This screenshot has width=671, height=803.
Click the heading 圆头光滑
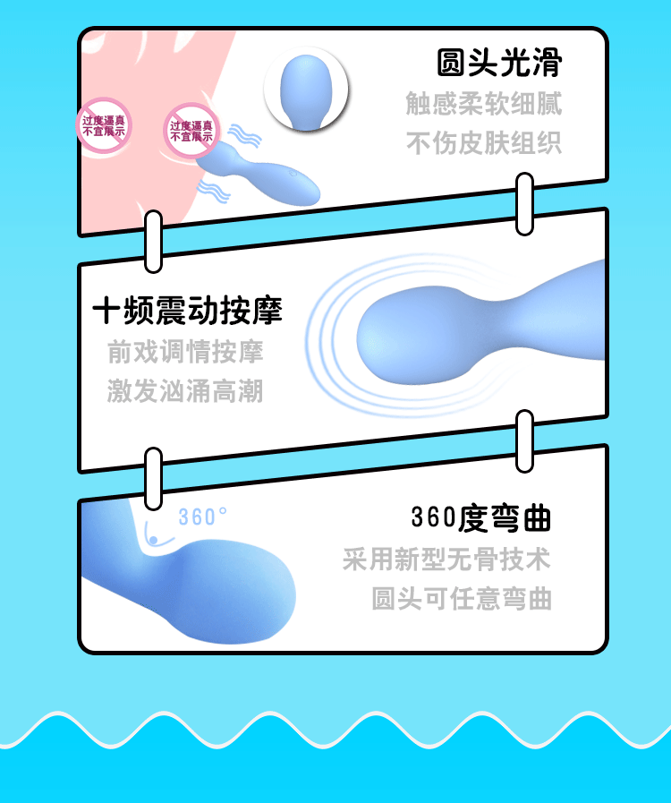tap(498, 64)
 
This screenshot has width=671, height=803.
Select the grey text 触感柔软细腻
tap(483, 104)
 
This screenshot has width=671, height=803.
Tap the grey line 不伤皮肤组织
tap(484, 143)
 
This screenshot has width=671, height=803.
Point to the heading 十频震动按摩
tap(187, 311)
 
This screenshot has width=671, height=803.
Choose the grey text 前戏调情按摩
tap(185, 351)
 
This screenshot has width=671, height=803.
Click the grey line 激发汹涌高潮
tap(185, 391)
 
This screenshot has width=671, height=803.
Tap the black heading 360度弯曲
tap(480, 517)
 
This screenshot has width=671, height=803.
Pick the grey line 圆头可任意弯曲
tap(462, 599)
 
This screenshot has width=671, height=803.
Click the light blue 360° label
tap(202, 517)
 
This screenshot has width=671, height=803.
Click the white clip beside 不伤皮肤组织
tap(524, 204)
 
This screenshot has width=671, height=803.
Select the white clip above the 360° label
tap(154, 479)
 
